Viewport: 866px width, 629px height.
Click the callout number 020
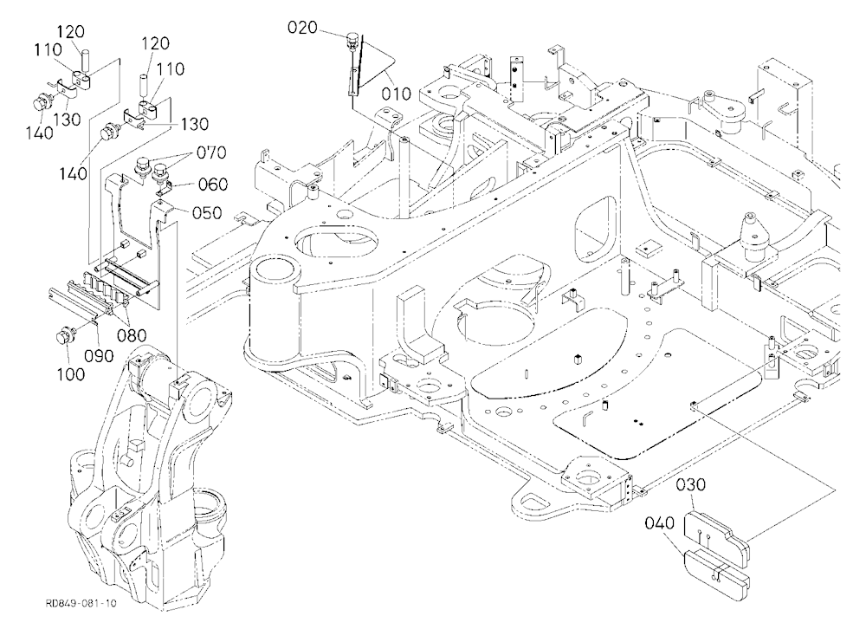[302, 27]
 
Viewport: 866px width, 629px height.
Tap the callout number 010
[396, 94]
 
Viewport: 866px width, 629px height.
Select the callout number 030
[691, 484]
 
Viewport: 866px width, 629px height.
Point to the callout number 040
[659, 522]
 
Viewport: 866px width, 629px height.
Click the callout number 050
[207, 213]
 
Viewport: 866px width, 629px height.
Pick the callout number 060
[213, 184]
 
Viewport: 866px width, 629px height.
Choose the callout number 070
[211, 152]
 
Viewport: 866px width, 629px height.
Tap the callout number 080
[132, 335]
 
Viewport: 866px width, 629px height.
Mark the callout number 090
[99, 355]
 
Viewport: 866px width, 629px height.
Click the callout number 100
[71, 374]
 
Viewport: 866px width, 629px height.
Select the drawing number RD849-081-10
[81, 603]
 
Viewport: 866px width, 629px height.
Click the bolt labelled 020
[352, 41]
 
